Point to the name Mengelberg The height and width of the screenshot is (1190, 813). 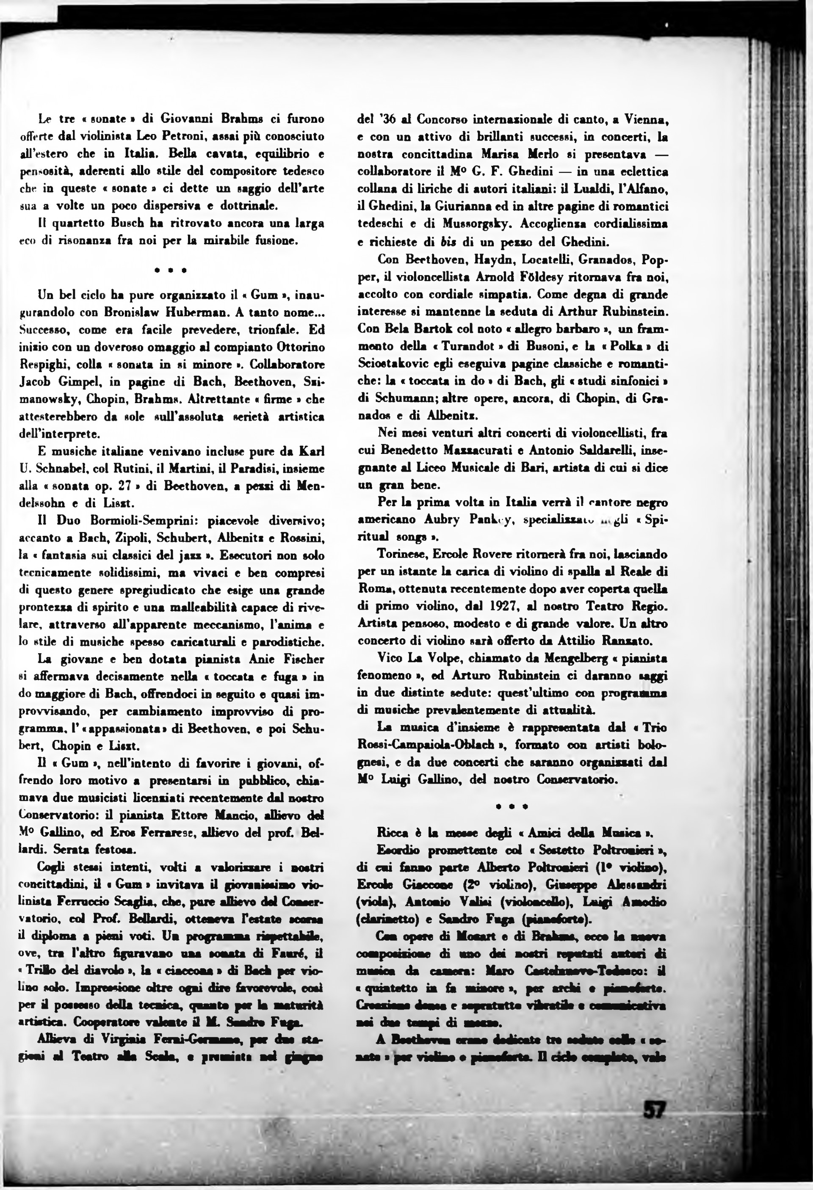[x=564, y=658]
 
